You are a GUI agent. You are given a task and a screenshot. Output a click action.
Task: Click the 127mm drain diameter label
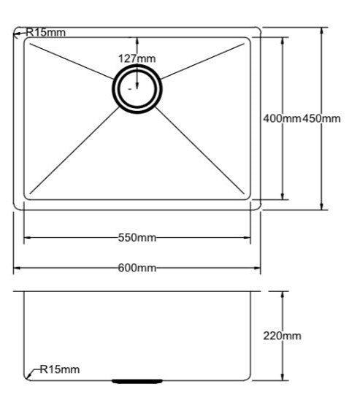coord(137,58)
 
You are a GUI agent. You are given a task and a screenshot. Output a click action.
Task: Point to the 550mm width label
coord(137,237)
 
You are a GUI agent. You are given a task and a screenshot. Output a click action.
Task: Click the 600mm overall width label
coord(137,268)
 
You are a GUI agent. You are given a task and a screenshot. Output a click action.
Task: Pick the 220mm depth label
coord(282,336)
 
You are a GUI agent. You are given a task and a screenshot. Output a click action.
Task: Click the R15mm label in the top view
coord(46,32)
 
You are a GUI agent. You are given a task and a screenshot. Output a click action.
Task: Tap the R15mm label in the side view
coord(60,370)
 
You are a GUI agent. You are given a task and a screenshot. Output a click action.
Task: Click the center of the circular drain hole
coord(137,87)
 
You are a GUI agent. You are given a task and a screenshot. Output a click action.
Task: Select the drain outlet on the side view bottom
coord(137,380)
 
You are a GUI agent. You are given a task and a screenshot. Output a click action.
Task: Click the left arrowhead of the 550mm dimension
coord(27,237)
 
